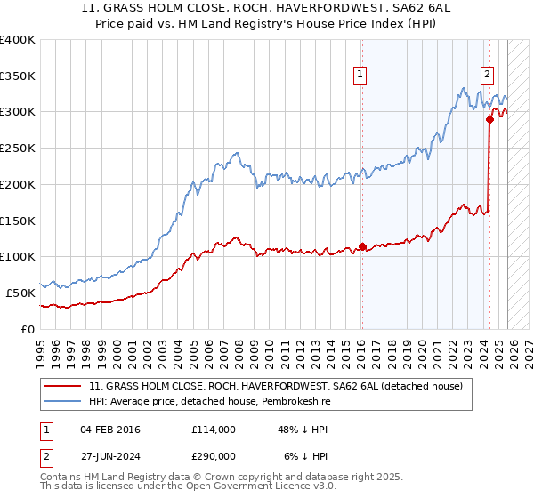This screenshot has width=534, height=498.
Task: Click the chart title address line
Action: click(266, 9)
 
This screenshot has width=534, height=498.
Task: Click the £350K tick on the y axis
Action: click(17, 76)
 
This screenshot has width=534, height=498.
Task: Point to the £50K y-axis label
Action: click(20, 292)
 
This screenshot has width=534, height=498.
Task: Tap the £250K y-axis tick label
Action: click(17, 148)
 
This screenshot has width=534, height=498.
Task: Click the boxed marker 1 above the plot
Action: click(361, 76)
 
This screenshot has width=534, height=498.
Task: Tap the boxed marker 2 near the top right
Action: click(489, 76)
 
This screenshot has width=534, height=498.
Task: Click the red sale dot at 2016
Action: click(362, 246)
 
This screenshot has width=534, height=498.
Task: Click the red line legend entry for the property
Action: click(275, 387)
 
